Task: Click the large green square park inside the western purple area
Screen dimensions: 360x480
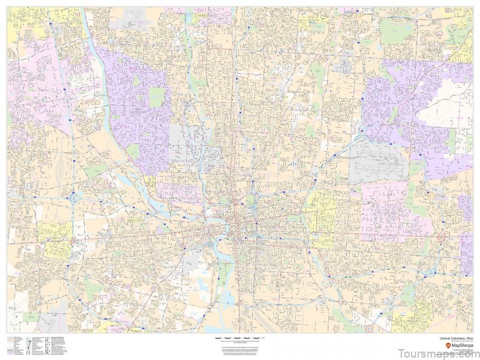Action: tap(157, 97)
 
